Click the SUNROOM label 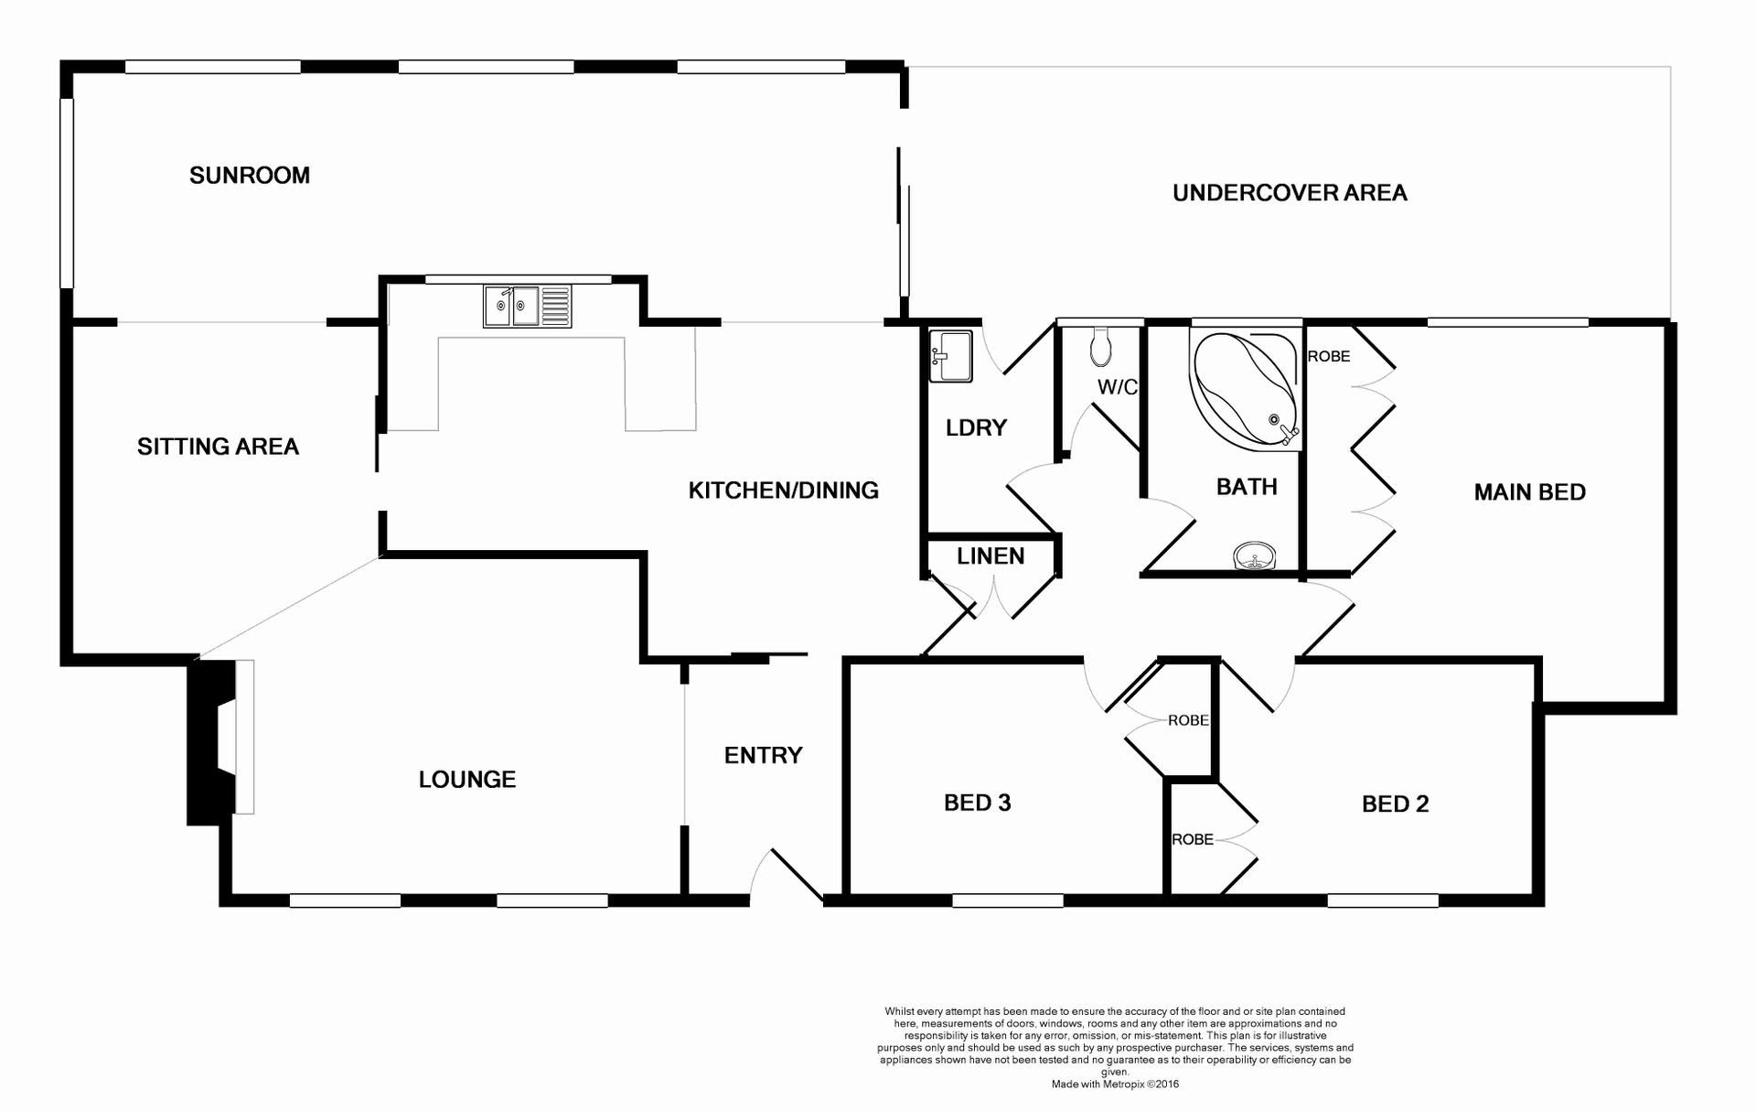pos(249,175)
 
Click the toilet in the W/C pos(1101,346)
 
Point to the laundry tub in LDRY pos(950,355)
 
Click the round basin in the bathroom pos(1255,555)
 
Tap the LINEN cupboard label pos(990,555)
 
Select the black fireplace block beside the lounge pos(209,741)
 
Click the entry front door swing pos(785,873)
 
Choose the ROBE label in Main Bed pos(1328,356)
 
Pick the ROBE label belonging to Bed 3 pos(1187,720)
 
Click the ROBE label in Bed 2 pos(1193,839)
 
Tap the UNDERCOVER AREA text pos(1289,192)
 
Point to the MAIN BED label pos(1529,492)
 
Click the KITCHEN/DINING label pos(783,491)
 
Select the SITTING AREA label pos(218,447)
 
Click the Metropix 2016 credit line pos(1115,1084)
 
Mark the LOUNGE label pos(466,779)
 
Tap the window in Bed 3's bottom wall pos(1007,901)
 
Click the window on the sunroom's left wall pos(66,192)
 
